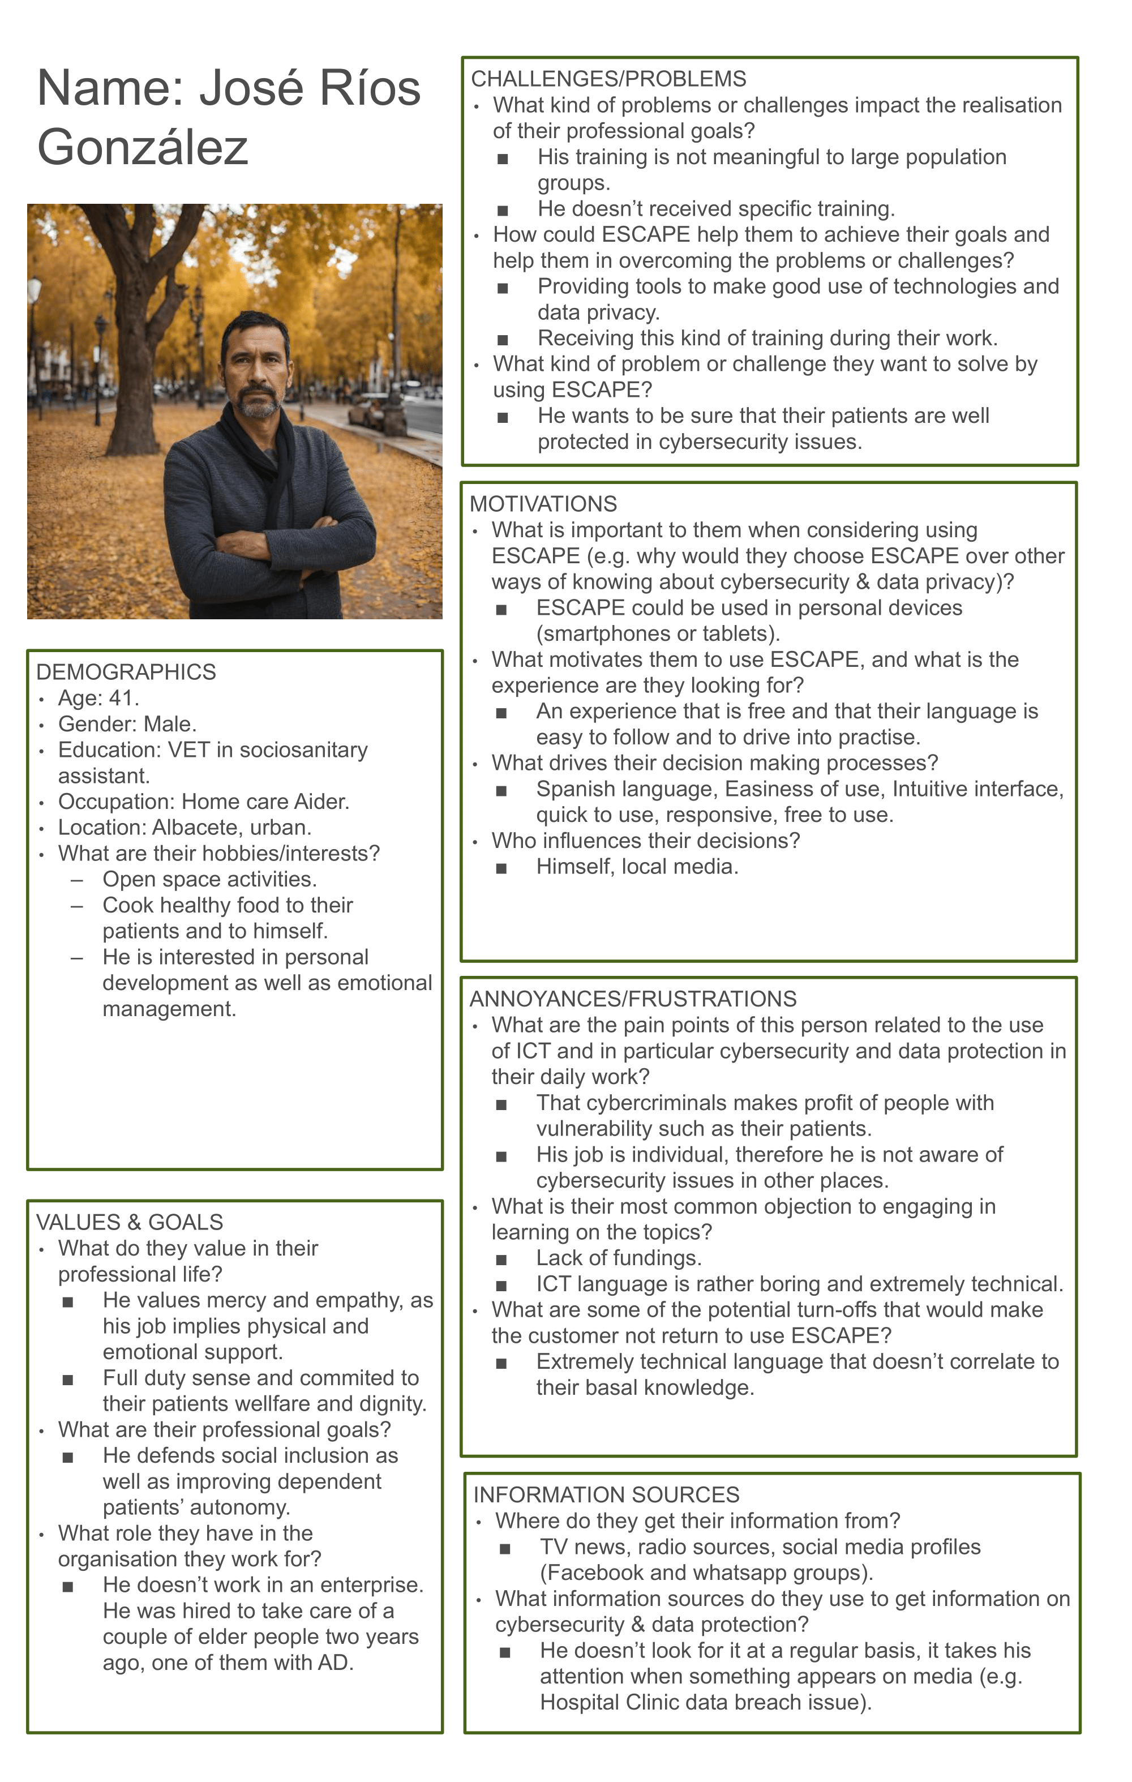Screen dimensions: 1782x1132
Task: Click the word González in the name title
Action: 142,147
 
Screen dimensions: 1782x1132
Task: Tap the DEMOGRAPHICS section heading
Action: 126,672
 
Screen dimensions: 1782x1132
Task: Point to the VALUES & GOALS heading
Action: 130,1223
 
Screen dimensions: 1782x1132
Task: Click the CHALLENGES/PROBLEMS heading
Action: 608,79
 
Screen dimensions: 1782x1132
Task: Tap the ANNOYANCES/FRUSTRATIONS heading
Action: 633,999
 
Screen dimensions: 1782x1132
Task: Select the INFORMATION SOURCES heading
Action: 606,1495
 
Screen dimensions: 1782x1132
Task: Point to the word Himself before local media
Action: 574,867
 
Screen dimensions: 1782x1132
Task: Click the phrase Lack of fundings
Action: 619,1258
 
